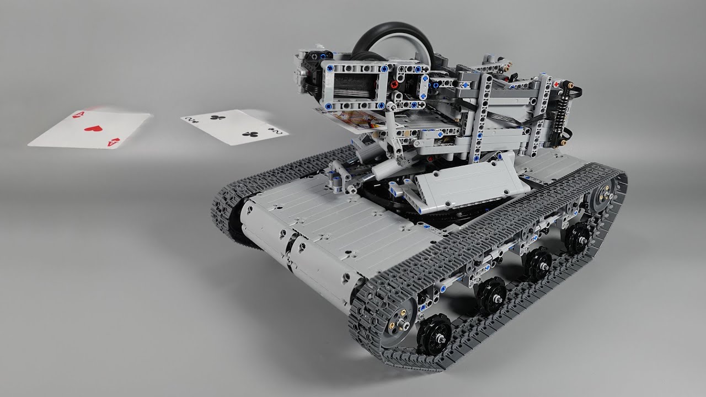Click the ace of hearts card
click(90, 130)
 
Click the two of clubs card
click(235, 127)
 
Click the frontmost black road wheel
click(434, 335)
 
